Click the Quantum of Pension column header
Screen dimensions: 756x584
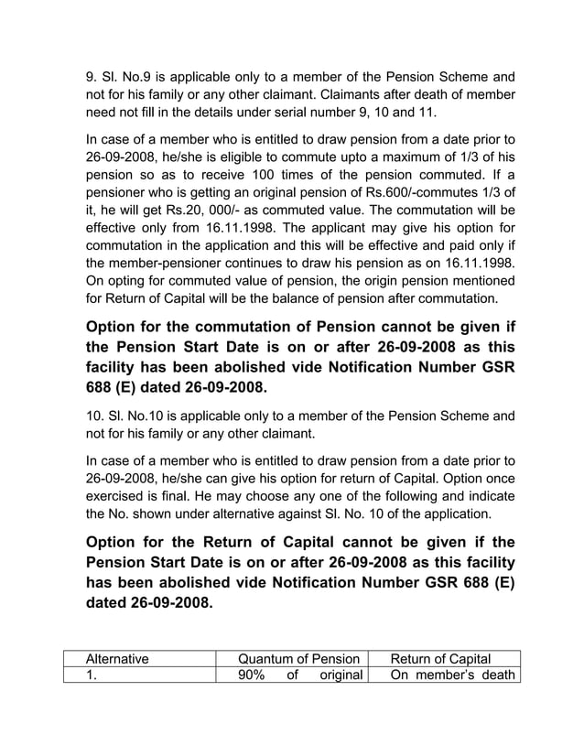click(297, 657)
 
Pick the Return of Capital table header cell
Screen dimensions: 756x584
click(440, 657)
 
